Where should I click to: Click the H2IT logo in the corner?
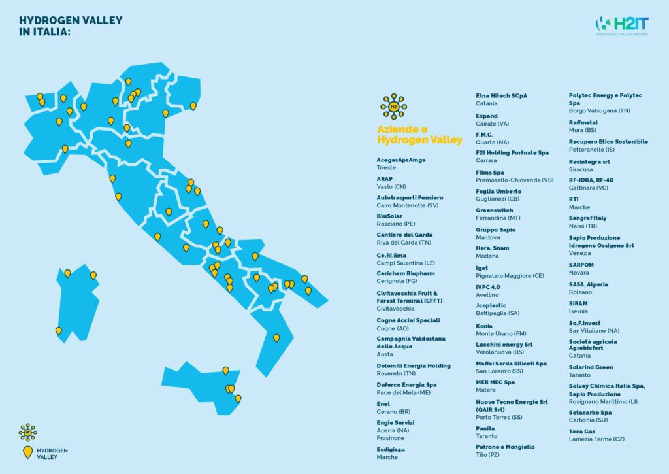(621, 25)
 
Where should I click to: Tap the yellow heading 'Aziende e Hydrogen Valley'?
(419, 135)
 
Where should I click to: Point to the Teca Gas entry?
(583, 432)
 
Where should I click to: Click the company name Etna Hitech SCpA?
(501, 95)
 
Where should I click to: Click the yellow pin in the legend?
(27, 452)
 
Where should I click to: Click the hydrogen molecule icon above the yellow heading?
(393, 106)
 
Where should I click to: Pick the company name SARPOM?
(581, 265)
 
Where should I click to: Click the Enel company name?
(383, 404)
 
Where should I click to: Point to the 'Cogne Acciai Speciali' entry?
(408, 320)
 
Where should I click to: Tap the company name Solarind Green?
(591, 367)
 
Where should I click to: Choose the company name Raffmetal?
(583, 123)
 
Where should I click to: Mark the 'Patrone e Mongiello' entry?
(505, 447)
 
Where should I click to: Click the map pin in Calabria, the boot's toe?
(276, 339)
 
